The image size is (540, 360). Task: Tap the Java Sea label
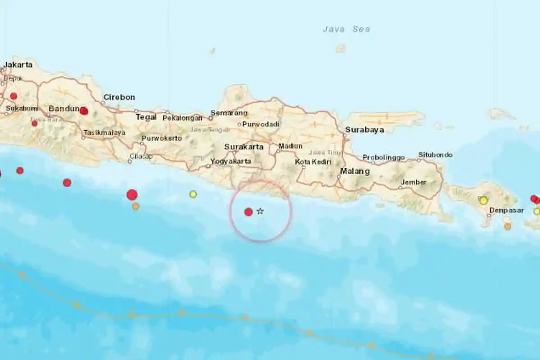pos(346,29)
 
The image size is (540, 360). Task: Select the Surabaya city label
pos(364,130)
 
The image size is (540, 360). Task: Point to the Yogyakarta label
pos(230,161)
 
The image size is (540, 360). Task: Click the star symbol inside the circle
pos(260,211)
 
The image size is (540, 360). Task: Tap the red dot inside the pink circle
pos(248,212)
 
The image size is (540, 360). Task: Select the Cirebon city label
pos(119,97)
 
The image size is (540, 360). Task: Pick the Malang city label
pos(355,171)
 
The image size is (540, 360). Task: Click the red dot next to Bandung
pos(84,111)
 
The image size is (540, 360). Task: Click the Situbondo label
pos(435,155)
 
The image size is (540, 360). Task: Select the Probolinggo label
pos(384,157)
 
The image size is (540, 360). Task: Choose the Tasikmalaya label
pos(104,133)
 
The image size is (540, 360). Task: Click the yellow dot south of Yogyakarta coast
pos(193,194)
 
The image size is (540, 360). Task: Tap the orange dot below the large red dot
pos(136,207)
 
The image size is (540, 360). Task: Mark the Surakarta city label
pos(244,147)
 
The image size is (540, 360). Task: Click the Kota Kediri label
pos(313,162)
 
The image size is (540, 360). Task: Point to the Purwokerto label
pos(162,138)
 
